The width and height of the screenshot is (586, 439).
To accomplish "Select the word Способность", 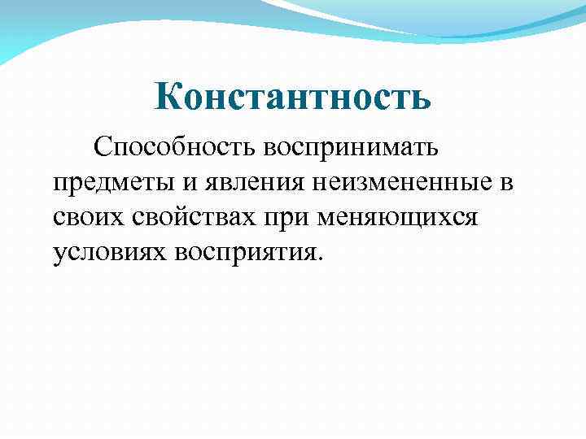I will tap(174, 148).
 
